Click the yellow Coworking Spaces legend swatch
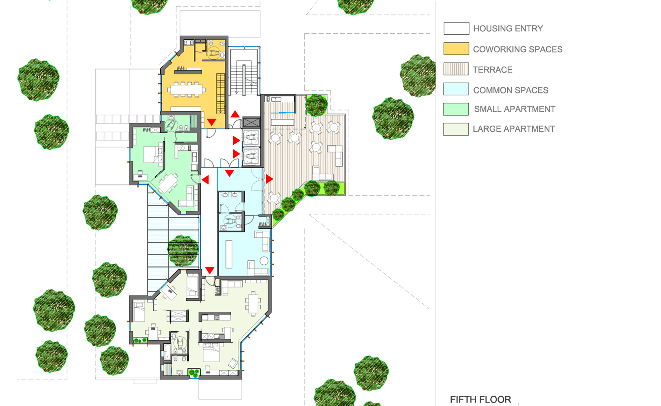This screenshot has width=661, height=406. [x=456, y=49]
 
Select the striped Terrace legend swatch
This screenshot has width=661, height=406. [x=456, y=69]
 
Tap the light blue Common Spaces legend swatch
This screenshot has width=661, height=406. [x=456, y=89]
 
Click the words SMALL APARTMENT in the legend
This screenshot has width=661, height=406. [x=515, y=109]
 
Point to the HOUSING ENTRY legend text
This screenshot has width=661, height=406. [x=508, y=28]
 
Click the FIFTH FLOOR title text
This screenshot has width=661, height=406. [x=481, y=399]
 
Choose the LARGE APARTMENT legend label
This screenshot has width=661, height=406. [x=514, y=129]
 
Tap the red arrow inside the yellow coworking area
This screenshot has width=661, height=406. [x=212, y=122]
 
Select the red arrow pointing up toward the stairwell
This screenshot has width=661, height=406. [x=235, y=114]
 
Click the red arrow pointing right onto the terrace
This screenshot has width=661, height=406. [x=269, y=179]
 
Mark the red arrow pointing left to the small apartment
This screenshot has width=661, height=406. [x=205, y=180]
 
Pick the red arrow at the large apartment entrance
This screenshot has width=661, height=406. [x=210, y=270]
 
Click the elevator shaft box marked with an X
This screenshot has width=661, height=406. [x=252, y=123]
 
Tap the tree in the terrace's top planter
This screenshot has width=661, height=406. [x=316, y=105]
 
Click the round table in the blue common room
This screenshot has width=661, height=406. [x=264, y=261]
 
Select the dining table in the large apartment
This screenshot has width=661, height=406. [x=253, y=303]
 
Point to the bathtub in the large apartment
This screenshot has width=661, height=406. [x=167, y=353]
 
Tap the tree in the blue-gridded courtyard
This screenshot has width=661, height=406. [x=183, y=251]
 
